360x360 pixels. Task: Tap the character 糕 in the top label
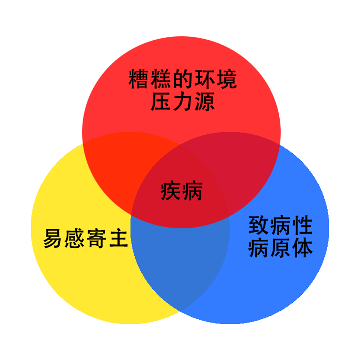pos(160,79)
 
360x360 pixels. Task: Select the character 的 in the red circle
pos(182,79)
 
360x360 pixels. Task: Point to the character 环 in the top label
pos(204,79)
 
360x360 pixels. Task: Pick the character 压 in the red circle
pos(160,102)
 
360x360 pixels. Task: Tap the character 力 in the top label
pos(182,102)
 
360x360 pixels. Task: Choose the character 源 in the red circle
pos(204,102)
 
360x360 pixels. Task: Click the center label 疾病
pos(181,191)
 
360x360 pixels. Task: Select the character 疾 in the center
pos(170,191)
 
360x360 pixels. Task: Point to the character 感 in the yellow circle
pos(74,238)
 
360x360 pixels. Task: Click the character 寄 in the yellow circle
pos(96,238)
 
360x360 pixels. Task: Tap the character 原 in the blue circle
pos(280,248)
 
